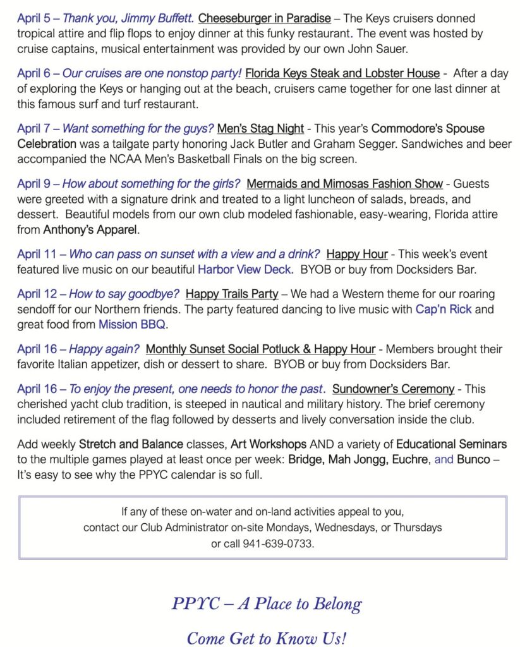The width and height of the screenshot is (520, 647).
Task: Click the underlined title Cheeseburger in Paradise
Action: click(x=264, y=18)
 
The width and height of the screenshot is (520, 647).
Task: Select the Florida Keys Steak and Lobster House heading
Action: click(x=342, y=73)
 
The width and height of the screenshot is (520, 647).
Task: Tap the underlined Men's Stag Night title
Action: click(x=260, y=128)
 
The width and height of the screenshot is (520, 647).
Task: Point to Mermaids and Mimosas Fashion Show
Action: click(x=344, y=184)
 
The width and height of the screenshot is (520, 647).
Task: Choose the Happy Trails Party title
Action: click(x=232, y=294)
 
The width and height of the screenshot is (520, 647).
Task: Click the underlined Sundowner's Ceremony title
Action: click(x=393, y=389)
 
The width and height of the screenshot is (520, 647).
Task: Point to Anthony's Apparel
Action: click(x=91, y=230)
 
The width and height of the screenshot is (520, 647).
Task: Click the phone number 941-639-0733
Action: click(x=278, y=543)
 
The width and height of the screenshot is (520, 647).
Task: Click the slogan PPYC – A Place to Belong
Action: click(x=267, y=603)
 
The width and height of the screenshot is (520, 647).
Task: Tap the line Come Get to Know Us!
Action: click(x=267, y=638)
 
